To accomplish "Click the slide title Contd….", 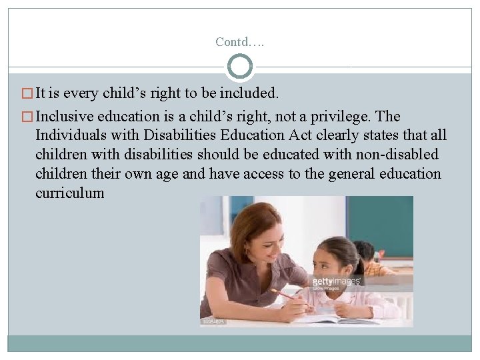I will click(x=240, y=42).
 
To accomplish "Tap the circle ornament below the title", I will click(x=240, y=67).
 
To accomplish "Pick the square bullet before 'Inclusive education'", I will click(x=27, y=117).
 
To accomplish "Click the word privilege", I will click(x=361, y=116).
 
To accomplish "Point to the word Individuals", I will click(x=73, y=135).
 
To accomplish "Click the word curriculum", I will click(x=70, y=193).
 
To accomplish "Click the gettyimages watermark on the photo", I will click(x=337, y=281).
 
